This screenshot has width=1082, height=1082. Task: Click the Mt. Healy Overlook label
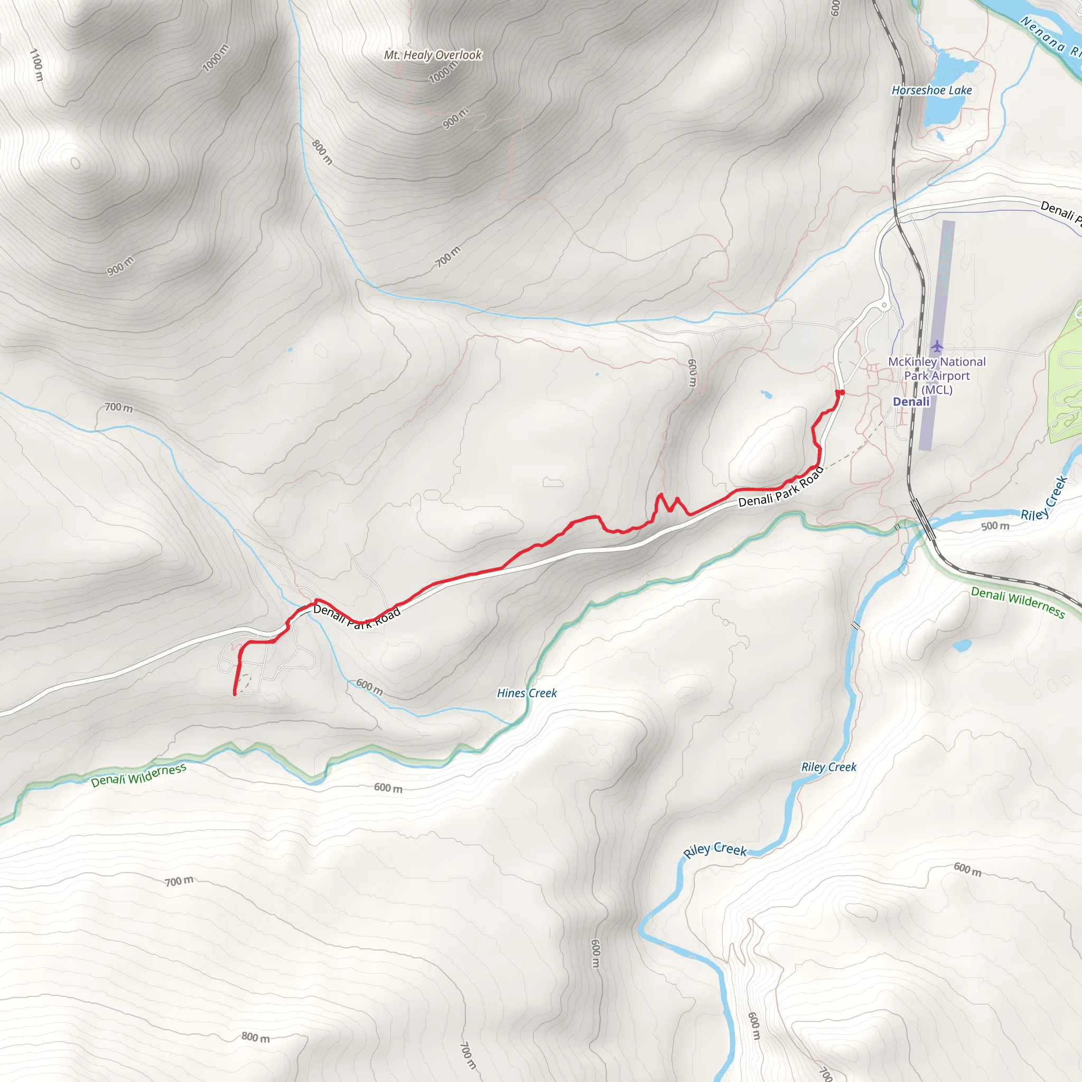(432, 55)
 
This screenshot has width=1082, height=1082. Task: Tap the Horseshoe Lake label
(931, 90)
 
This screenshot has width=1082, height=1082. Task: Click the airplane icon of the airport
(937, 347)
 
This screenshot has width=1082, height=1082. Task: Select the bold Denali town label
(911, 402)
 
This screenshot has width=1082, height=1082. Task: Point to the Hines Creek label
(527, 693)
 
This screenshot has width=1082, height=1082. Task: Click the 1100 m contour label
(36, 64)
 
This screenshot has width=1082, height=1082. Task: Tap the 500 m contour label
(995, 526)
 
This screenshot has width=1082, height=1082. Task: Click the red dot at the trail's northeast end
(842, 393)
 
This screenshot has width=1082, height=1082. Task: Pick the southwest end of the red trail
(234, 694)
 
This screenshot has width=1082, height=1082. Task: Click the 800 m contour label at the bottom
(255, 1037)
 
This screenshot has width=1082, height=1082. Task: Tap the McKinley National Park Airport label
(937, 375)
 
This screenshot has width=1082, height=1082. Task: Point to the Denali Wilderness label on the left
(138, 775)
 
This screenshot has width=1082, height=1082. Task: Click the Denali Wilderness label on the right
(1018, 602)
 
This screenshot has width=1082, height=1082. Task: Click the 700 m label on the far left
(119, 408)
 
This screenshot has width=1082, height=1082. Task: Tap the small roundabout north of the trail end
(884, 305)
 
